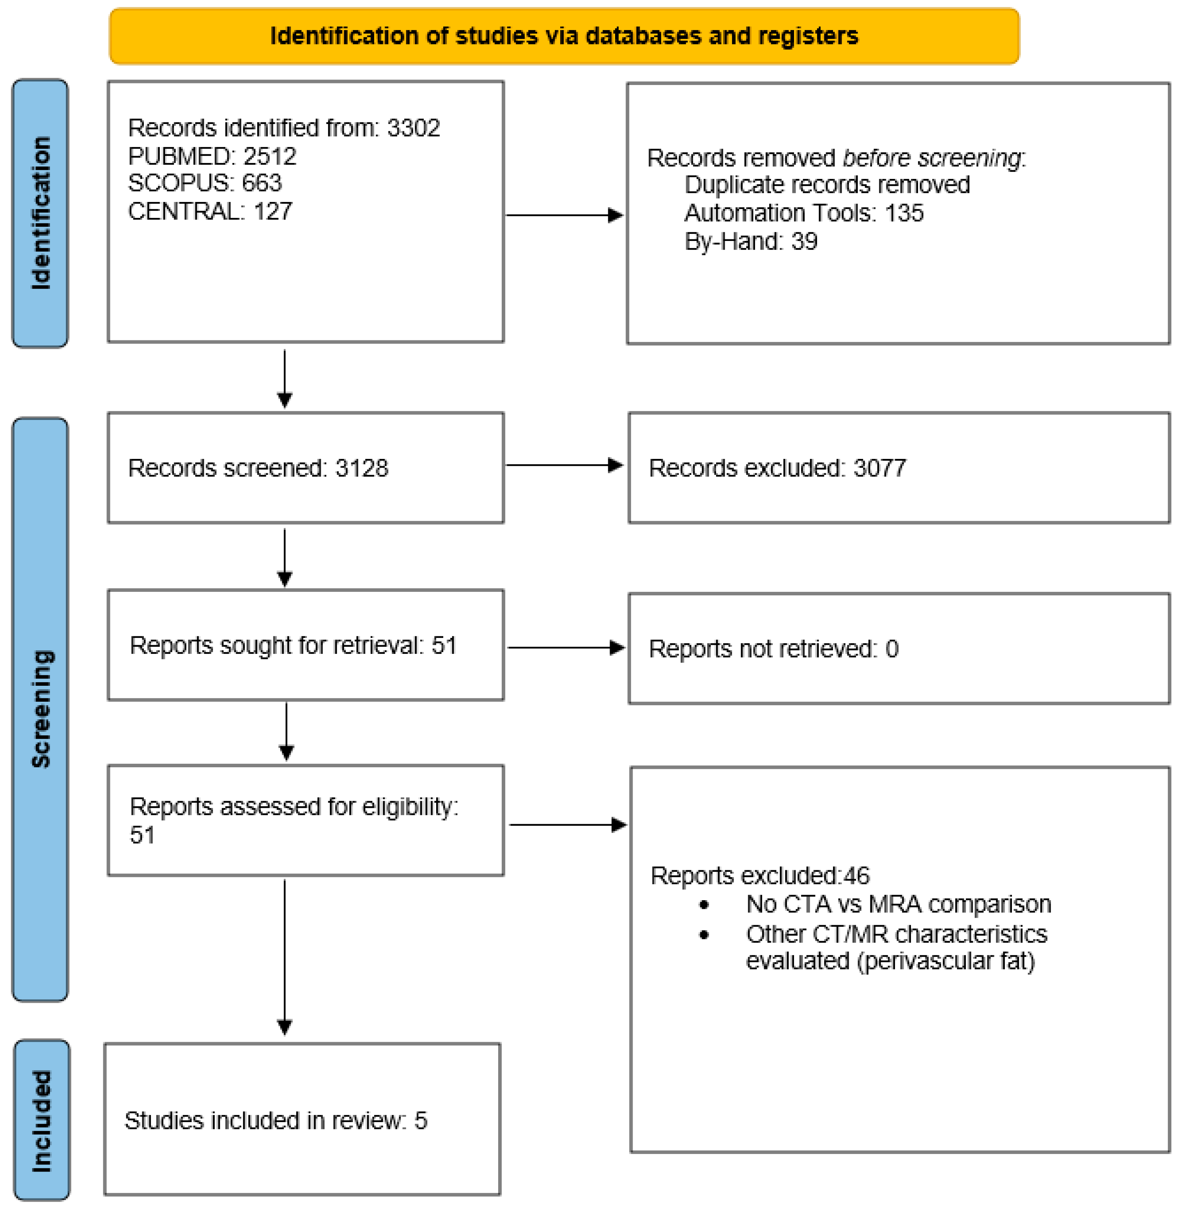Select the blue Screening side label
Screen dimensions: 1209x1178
click(40, 708)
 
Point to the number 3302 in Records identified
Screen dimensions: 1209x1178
click(413, 128)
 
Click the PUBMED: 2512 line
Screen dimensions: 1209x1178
click(212, 156)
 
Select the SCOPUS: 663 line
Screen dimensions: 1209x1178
click(205, 183)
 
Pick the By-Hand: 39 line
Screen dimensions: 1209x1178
click(750, 241)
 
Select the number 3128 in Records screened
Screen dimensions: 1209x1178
click(362, 468)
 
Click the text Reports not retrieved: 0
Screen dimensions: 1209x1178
click(773, 649)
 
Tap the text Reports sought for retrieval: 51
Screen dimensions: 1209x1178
click(293, 645)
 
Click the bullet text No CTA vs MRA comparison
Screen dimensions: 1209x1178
click(899, 905)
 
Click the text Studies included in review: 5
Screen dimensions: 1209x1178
click(275, 1120)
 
